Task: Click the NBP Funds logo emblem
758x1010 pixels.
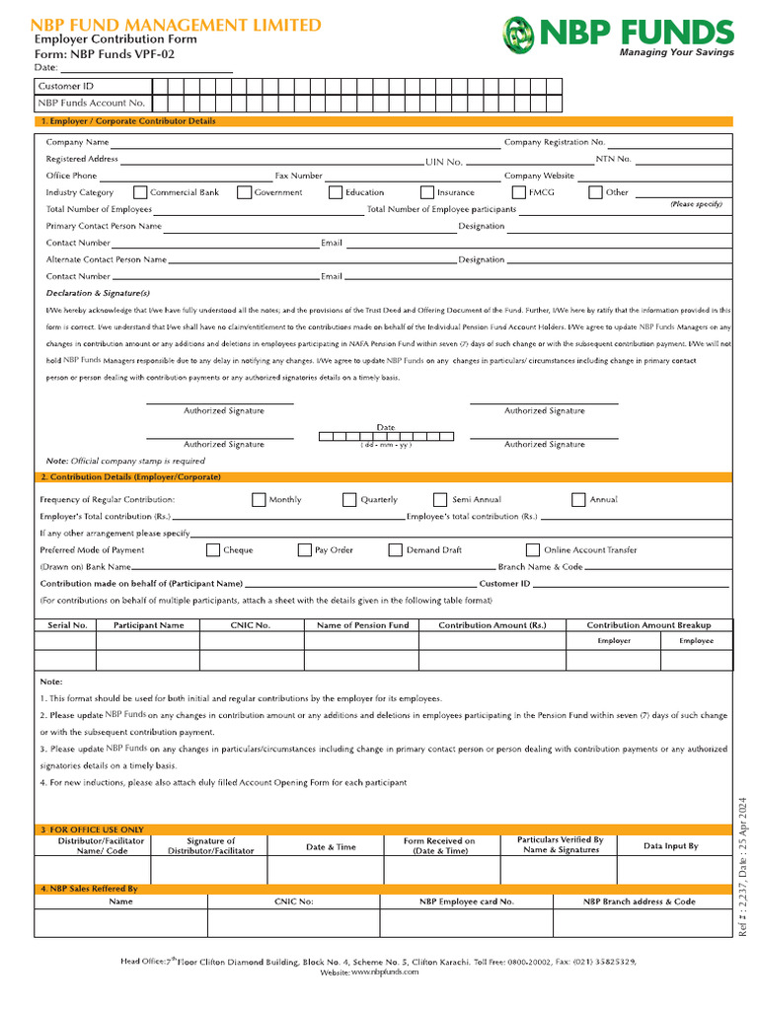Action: (520, 33)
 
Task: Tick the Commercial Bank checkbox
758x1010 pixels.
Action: (140, 192)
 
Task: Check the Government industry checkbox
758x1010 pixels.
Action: (245, 192)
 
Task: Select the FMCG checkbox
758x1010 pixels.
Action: (519, 192)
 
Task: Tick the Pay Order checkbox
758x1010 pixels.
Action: (305, 550)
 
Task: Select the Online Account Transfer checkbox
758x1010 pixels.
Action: (533, 550)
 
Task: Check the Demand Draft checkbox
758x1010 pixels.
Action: (396, 550)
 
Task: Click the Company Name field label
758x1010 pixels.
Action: (77, 143)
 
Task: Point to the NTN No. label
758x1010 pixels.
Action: (613, 159)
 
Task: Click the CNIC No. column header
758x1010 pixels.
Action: (251, 625)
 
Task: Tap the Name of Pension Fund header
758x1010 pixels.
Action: (362, 625)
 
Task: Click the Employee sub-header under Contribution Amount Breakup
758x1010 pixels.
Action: (696, 641)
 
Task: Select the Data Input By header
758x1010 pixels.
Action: (671, 846)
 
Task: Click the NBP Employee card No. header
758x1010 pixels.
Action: (466, 902)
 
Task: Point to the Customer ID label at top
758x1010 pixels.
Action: (66, 87)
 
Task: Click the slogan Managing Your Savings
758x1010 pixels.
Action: (676, 52)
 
